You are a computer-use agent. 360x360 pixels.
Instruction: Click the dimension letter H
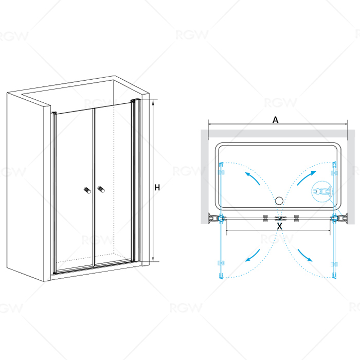157,188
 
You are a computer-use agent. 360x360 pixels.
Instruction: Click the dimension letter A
275,120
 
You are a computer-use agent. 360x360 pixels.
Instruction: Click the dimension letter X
279,226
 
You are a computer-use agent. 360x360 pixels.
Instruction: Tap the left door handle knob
87,190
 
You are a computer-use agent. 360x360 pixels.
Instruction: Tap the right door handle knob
101,189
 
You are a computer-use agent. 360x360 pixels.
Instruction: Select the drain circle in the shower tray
279,201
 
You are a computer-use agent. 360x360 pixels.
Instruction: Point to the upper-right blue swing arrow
307,177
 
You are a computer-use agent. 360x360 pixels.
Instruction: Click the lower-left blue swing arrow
253,256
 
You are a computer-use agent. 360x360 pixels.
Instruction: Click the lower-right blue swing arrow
305,255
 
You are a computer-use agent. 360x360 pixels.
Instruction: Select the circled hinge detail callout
322,191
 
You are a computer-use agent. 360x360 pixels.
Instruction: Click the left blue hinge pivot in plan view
221,218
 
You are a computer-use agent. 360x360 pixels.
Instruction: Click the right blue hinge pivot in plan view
334,218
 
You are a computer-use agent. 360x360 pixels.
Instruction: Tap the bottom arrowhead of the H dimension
153,260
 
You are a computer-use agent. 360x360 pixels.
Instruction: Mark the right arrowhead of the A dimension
346,124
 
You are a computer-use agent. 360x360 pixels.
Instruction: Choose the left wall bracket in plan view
213,218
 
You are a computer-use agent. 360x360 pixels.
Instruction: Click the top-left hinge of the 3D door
54,114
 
